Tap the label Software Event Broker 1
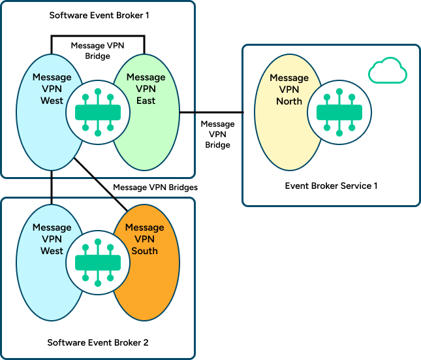99,14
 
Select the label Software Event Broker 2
98,342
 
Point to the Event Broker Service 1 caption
331,186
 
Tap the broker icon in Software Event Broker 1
98,112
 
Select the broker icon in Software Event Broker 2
98,263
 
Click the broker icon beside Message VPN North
339,112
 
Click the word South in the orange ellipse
144,251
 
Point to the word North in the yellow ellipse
289,101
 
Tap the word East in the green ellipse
146,101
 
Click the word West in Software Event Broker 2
52,251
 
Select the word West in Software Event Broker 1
52,101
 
